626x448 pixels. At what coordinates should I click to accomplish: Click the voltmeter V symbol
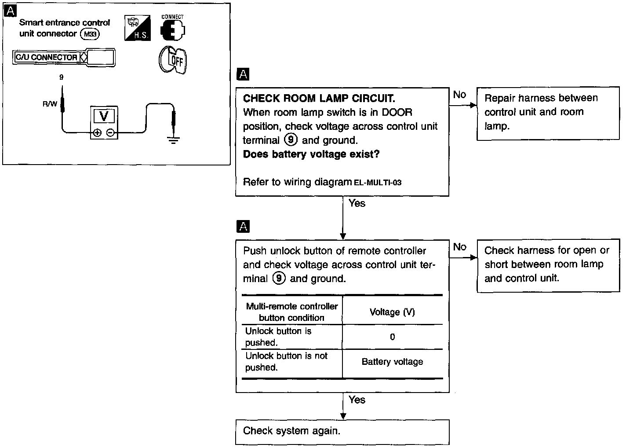coord(104,116)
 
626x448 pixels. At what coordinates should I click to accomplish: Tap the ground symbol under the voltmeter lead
coord(174,141)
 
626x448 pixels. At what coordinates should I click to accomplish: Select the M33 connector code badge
coord(91,34)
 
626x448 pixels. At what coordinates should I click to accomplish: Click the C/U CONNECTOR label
coord(47,57)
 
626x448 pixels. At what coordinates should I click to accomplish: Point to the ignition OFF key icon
coord(173,60)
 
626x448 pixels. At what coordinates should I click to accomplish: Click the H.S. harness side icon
coord(138,29)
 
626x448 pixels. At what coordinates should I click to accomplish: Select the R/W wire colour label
coord(50,104)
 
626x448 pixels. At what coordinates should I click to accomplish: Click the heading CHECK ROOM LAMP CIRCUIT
coord(319,98)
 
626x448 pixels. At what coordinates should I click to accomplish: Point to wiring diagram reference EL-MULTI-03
coord(378,183)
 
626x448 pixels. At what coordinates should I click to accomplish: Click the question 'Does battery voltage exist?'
coord(311,154)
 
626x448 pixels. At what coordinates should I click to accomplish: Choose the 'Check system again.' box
coord(342,431)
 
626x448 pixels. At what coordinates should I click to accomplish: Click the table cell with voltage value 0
coord(392,337)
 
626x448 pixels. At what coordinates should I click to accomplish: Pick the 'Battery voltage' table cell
coord(392,362)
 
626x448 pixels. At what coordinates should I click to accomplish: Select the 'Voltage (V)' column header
coord(392,312)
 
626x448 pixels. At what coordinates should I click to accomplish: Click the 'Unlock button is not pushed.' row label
coord(287,362)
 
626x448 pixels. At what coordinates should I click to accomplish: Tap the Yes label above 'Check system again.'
coord(357,400)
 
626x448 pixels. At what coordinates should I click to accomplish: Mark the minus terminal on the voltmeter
coord(111,132)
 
